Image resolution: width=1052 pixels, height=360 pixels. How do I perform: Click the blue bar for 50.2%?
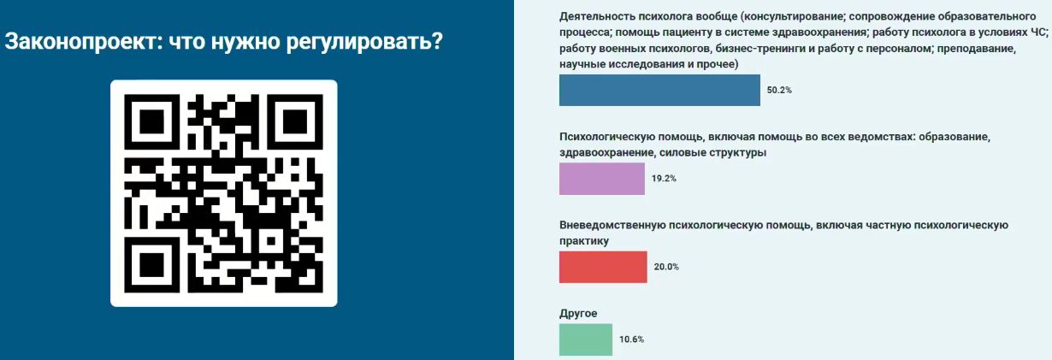point(659,90)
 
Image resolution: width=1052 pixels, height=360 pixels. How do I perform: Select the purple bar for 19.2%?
point(601,179)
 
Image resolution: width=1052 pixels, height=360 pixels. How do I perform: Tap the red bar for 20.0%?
point(603,267)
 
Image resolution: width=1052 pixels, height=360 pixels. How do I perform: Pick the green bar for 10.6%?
point(586,339)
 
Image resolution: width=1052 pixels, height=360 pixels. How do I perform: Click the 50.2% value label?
point(779,90)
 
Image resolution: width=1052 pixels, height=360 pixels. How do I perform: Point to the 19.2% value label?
point(664,179)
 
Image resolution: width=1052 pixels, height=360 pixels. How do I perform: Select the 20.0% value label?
point(666,267)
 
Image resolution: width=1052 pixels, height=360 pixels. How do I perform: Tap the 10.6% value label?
point(632,339)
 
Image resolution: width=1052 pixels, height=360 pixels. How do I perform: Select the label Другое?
point(578,314)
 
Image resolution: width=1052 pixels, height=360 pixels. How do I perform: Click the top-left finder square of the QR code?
point(151,122)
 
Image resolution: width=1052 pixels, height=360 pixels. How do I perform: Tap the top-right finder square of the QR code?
point(295,122)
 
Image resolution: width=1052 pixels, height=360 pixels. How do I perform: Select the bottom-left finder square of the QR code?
point(151,265)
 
